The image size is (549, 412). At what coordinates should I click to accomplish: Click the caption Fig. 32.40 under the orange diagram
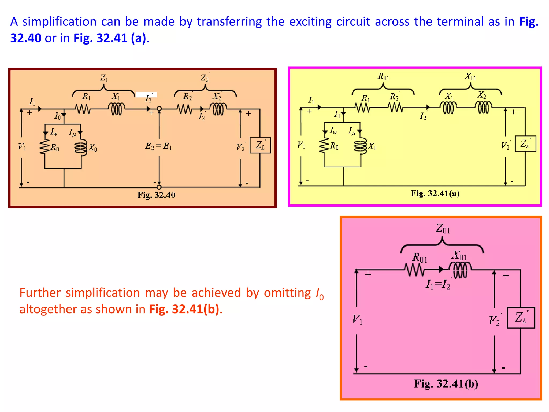156,195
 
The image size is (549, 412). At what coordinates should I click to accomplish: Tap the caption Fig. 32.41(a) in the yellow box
435,193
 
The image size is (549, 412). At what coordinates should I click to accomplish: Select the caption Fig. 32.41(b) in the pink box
446,384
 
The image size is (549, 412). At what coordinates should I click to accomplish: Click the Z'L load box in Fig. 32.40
260,145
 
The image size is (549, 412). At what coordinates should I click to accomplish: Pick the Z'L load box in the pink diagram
521,318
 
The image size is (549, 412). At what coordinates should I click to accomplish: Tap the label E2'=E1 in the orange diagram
158,146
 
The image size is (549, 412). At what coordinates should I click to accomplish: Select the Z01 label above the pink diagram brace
443,229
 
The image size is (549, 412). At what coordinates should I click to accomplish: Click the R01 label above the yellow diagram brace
383,77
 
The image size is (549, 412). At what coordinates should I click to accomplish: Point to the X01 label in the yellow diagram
470,77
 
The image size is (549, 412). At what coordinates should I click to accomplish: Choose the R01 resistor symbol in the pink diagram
414,270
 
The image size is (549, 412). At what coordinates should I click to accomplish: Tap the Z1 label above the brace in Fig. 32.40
104,78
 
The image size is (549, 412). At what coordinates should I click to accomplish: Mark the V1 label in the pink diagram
357,319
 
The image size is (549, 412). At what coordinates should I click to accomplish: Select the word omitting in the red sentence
287,293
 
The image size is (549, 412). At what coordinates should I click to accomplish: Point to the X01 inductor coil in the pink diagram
460,270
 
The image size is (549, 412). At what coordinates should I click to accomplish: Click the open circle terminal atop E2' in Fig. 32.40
159,109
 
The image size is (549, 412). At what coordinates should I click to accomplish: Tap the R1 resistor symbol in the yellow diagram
362,108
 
